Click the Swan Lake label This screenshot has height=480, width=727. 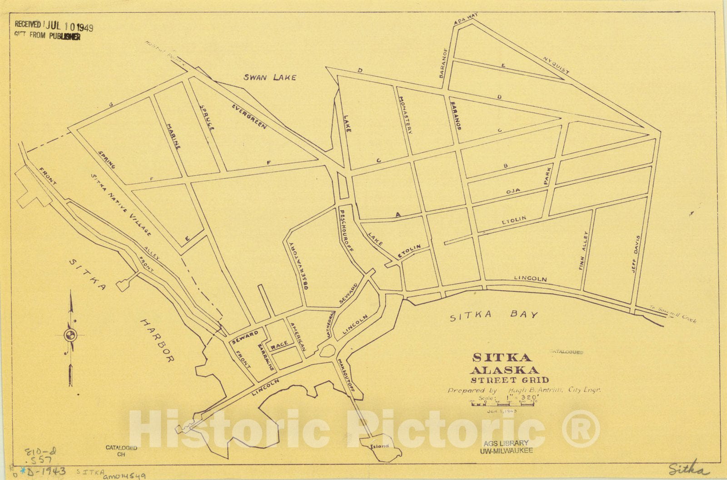pyautogui.click(x=270, y=77)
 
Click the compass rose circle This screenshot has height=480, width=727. pyautogui.click(x=70, y=336)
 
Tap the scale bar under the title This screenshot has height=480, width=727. pyautogui.click(x=503, y=403)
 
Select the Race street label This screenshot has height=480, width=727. pyautogui.click(x=279, y=346)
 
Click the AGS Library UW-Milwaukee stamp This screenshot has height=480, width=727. pyautogui.click(x=506, y=446)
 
